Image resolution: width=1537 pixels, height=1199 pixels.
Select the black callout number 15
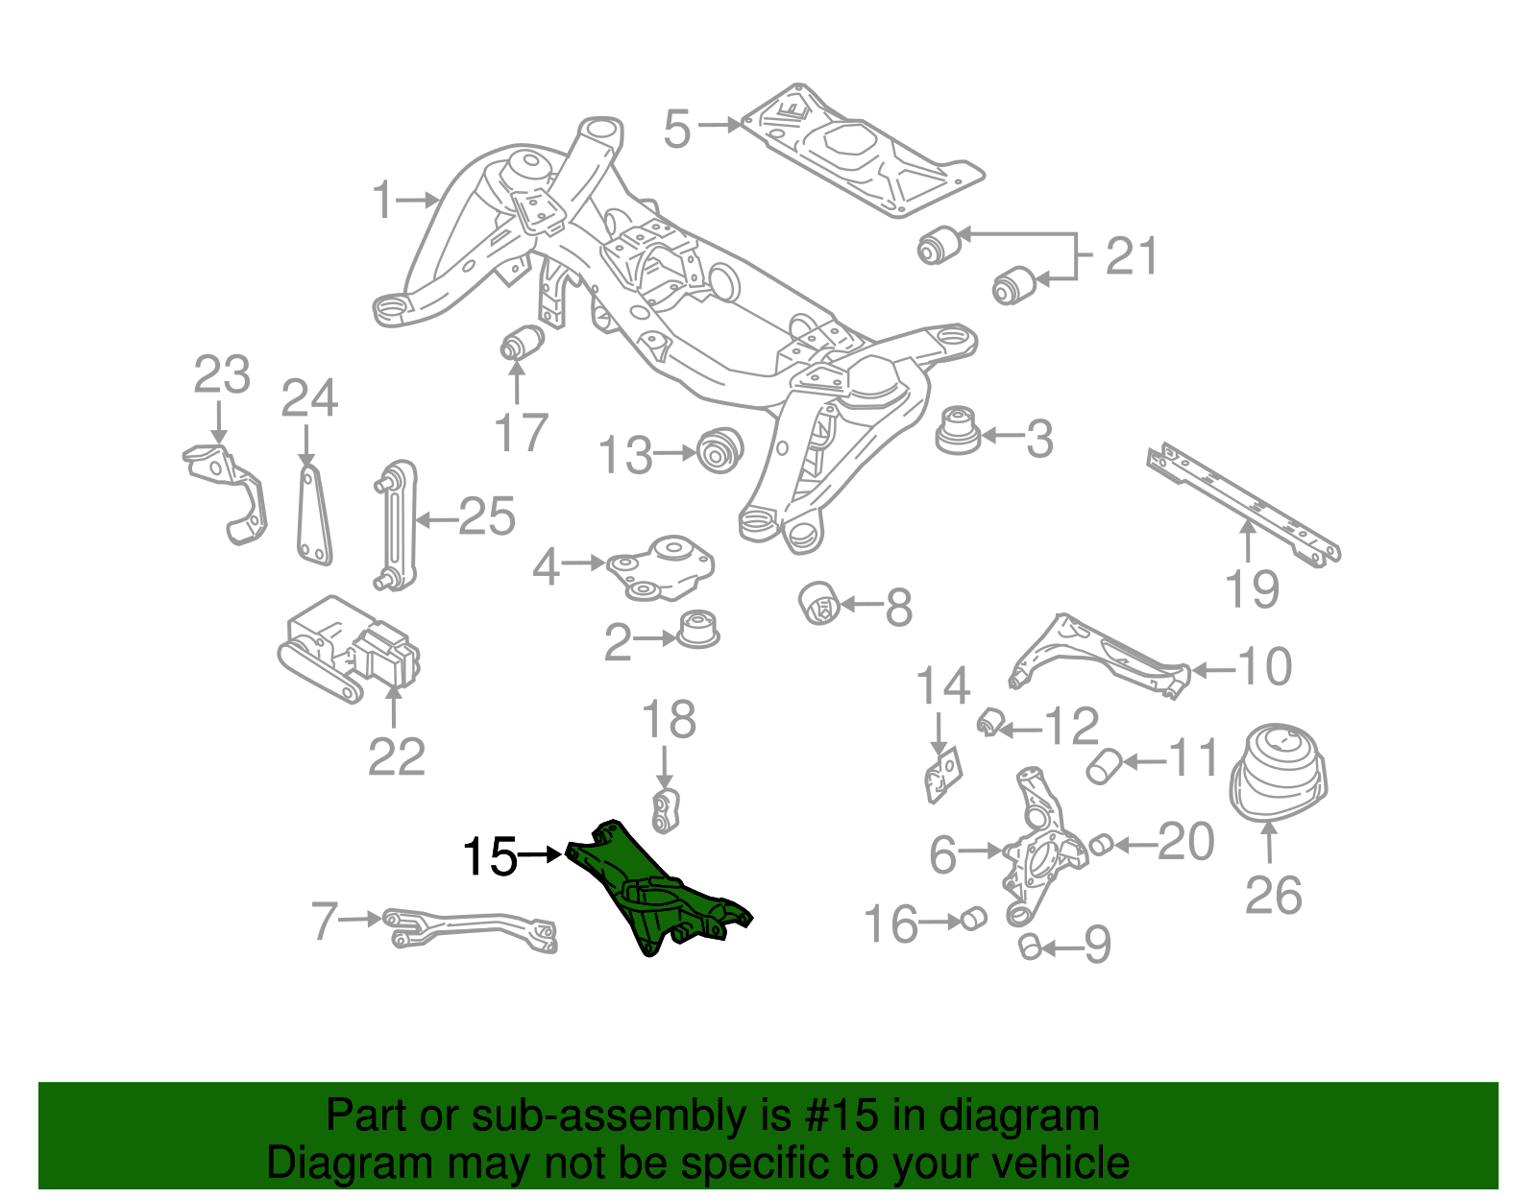pos(490,857)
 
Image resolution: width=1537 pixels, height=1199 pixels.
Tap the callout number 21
pos(1132,256)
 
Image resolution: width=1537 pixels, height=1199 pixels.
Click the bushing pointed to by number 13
pos(719,450)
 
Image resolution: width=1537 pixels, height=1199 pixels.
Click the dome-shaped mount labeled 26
pos(1278,774)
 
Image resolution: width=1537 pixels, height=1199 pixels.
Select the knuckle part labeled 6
pos(1042,845)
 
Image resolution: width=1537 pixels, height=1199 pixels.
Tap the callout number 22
pos(396,757)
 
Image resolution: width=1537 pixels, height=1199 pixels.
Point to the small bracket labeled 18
pos(667,811)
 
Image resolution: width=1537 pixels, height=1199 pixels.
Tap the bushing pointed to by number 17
pos(523,343)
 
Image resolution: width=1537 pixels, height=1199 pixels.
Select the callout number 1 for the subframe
pos(382,201)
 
